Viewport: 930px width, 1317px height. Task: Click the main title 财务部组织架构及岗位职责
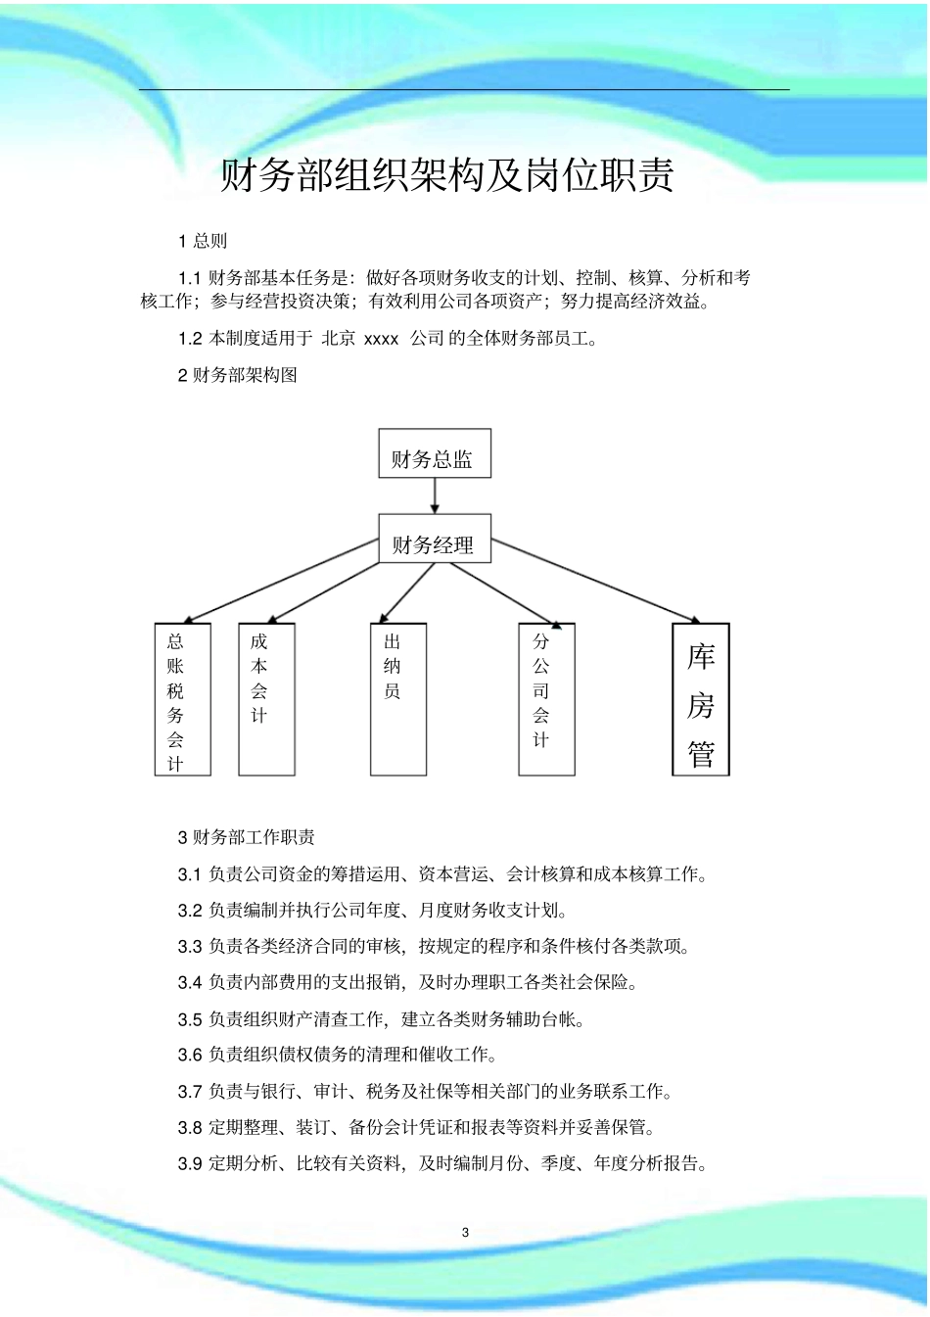[x=446, y=176]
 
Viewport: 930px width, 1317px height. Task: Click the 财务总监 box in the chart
[x=435, y=454]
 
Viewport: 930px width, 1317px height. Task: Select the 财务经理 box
[x=435, y=540]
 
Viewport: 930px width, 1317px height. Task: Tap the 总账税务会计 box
[x=183, y=699]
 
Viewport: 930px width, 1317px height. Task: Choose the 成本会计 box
[x=266, y=699]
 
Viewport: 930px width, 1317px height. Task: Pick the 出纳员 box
[x=398, y=699]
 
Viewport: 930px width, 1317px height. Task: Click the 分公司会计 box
[x=546, y=699]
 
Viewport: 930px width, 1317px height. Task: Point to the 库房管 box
[x=701, y=699]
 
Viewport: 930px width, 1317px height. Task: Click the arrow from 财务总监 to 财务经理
[x=435, y=496]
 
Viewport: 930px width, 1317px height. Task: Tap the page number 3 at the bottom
[x=465, y=1233]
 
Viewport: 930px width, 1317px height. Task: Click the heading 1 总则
[x=203, y=241]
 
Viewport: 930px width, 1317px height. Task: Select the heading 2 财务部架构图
[x=237, y=375]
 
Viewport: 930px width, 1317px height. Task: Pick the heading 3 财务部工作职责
[x=246, y=837]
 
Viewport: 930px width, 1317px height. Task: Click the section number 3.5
[x=190, y=1019]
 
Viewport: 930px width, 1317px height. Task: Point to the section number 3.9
[x=190, y=1164]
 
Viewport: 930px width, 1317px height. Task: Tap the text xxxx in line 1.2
[x=381, y=339]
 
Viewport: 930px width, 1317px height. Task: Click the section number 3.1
[x=190, y=874]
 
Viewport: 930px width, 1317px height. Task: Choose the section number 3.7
[x=190, y=1092]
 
